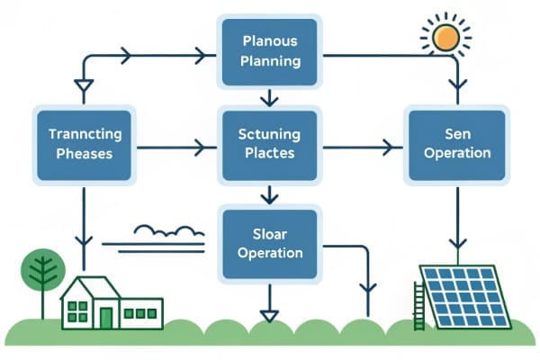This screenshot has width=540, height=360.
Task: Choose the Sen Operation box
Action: tap(457, 142)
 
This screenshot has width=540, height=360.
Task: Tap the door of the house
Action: tap(106, 317)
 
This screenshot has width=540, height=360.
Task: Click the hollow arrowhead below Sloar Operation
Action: tap(267, 314)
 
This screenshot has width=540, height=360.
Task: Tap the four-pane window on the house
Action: tap(78, 311)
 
